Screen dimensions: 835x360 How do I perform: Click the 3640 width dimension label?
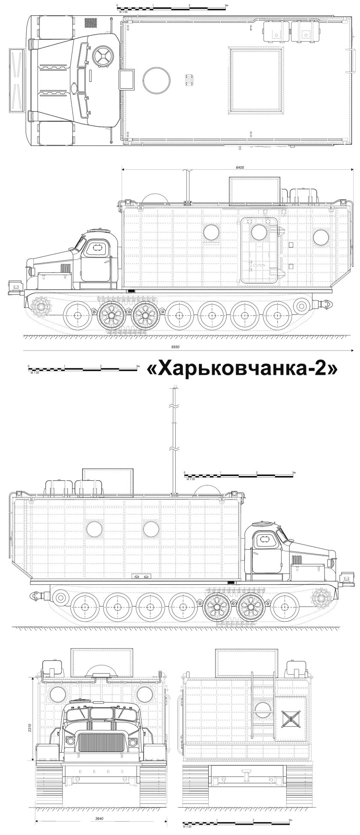pyautogui.click(x=100, y=819)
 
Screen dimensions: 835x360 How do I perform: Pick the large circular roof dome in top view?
pyautogui.click(x=156, y=79)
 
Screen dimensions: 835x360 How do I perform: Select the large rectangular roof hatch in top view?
pyautogui.click(x=257, y=81)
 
